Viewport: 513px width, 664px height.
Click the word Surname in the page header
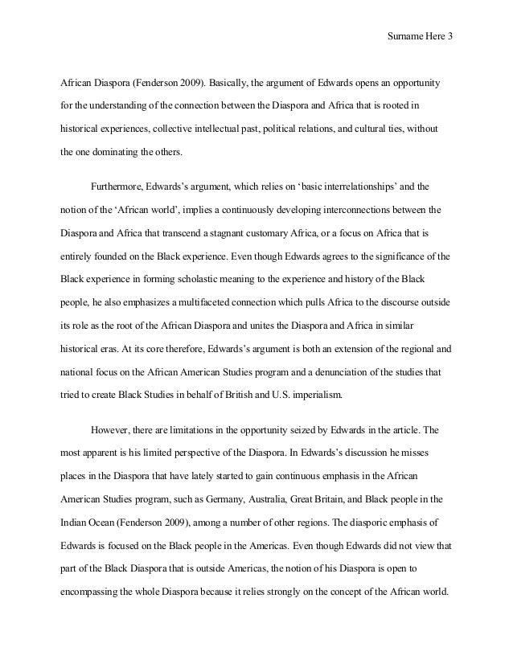pos(404,38)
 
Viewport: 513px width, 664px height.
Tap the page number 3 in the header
pos(449,38)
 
